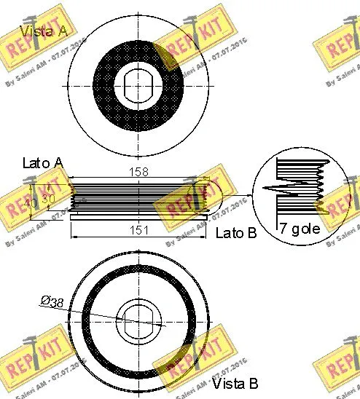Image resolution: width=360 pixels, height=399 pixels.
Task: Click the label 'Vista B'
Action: coord(235,383)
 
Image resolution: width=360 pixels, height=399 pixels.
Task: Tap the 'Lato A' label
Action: coord(43,163)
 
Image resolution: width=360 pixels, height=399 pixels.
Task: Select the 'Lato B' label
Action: coord(237,233)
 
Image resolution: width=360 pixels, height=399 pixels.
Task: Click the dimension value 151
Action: coord(138,230)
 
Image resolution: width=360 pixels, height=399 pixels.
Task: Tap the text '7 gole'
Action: coord(300,229)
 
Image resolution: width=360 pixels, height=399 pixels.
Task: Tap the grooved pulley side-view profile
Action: coord(138,194)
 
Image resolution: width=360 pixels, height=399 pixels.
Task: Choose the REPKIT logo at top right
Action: coord(337,47)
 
